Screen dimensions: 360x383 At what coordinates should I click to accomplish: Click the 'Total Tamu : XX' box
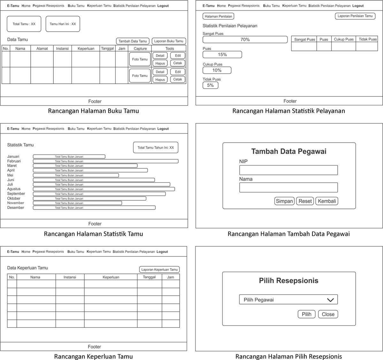24,24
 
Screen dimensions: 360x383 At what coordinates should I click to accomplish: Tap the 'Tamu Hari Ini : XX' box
63,24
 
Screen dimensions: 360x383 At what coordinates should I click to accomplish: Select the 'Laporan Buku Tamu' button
169,41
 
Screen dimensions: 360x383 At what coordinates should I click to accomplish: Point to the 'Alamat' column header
42,49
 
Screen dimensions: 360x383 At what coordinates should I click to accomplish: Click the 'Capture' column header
140,49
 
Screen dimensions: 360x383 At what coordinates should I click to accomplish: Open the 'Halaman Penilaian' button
218,16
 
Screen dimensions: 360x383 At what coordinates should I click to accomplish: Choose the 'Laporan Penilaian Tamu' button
355,16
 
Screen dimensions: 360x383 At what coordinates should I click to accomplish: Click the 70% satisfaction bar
245,40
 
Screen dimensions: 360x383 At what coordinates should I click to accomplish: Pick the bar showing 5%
210,85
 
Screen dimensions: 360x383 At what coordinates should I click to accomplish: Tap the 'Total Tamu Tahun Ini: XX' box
156,148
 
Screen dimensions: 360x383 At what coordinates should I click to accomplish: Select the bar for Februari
105,161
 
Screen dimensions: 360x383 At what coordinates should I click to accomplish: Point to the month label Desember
16,208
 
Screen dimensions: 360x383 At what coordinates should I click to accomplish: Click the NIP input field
288,170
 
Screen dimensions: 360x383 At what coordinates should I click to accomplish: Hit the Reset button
305,201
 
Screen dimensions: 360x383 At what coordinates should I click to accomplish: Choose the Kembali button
326,201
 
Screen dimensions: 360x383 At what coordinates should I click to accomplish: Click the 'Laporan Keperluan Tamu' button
159,270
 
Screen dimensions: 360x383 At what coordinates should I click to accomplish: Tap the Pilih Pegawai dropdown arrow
330,300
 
